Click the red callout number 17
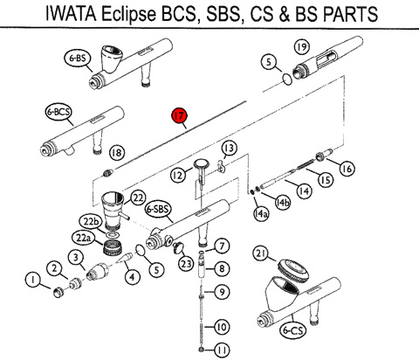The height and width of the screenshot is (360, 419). [x=179, y=116]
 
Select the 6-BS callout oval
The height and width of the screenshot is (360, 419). [x=78, y=59]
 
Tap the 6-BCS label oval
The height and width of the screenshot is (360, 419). [x=59, y=112]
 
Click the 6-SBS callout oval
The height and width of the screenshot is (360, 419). [x=158, y=209]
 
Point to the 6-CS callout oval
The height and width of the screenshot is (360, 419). [x=293, y=330]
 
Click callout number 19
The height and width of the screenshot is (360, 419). [x=302, y=46]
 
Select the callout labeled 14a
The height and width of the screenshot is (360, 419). [x=260, y=214]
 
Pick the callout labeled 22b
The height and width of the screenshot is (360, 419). [x=91, y=222]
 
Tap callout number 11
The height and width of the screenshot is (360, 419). [x=222, y=350]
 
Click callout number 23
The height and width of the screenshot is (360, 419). [x=186, y=264]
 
